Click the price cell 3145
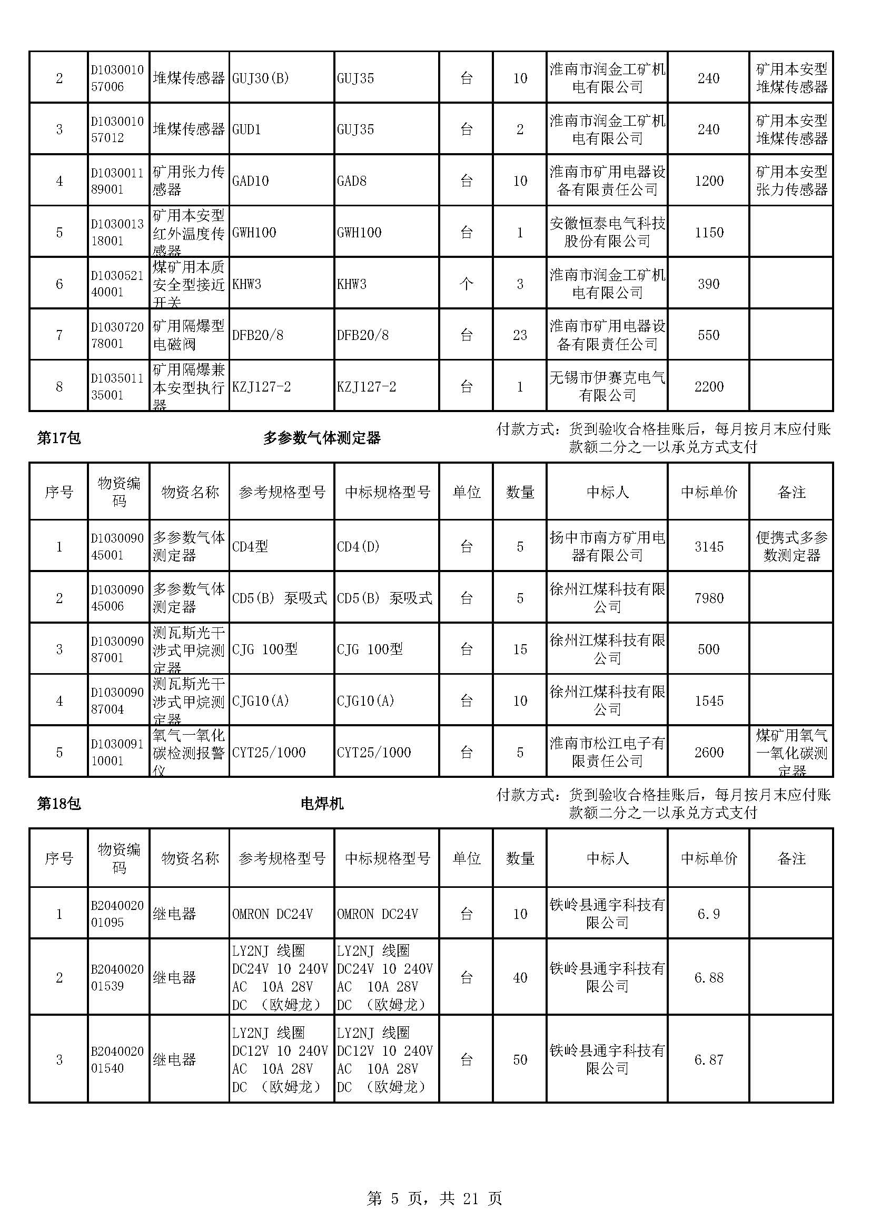pyautogui.click(x=708, y=546)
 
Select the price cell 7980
pyautogui.click(x=708, y=598)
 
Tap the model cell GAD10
pyautogui.click(x=251, y=181)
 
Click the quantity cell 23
pyautogui.click(x=520, y=335)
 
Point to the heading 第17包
pyautogui.click(x=59, y=438)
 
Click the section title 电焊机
pyautogui.click(x=322, y=804)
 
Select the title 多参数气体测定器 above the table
pyautogui.click(x=322, y=438)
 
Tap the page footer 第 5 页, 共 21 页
pyautogui.click(x=434, y=1198)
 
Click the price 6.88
pyautogui.click(x=708, y=977)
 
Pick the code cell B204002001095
pyautogui.click(x=117, y=914)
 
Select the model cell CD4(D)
pyautogui.click(x=358, y=546)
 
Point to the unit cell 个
pyautogui.click(x=466, y=284)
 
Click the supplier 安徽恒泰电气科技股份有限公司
pyautogui.click(x=607, y=232)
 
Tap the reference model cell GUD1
pyautogui.click(x=246, y=129)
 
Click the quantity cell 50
pyautogui.click(x=520, y=1059)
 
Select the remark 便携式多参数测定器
pyautogui.click(x=791, y=546)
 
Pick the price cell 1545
pyautogui.click(x=708, y=700)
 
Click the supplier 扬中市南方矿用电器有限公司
pyautogui.click(x=607, y=546)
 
